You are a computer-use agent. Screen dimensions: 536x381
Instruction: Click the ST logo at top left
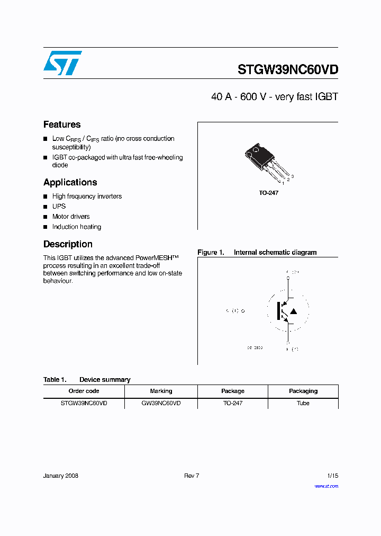coord(62,63)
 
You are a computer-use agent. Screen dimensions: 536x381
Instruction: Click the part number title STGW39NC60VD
coord(287,69)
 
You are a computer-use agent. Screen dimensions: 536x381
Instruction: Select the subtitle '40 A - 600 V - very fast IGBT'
coord(274,97)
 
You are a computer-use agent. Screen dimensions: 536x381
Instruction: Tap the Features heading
coord(62,124)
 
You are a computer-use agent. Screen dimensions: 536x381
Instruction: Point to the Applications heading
coord(70,182)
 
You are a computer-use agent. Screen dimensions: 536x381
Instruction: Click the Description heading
coord(68,244)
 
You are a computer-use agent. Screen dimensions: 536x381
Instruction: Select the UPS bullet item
coord(59,206)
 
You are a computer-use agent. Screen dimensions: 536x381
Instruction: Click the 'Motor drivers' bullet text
coord(71,217)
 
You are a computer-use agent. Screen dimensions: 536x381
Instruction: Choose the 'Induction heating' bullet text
coord(76,227)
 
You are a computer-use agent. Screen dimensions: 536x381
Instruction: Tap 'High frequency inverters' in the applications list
coord(87,196)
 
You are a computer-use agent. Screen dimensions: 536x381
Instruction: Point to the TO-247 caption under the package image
coord(268,193)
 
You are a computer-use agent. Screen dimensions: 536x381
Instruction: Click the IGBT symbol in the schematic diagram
coord(286,311)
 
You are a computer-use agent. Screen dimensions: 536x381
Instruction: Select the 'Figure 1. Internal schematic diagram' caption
coord(257,253)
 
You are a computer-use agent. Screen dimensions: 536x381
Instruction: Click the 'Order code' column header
coord(84,391)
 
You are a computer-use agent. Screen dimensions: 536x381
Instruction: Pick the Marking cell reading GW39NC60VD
coord(161,403)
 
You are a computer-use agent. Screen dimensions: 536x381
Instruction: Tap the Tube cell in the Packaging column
coord(303,403)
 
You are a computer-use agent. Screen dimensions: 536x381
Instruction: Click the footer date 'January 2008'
coord(60,476)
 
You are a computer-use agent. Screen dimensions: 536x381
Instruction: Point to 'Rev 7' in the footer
coord(192,476)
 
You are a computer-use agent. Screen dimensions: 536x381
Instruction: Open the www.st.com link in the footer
coord(326,486)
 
